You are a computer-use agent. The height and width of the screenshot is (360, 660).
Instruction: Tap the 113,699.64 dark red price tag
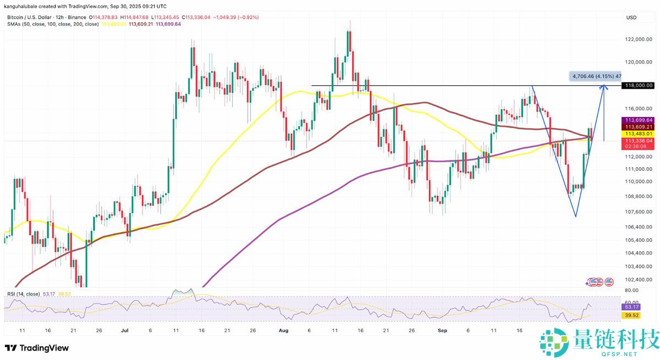click(x=637, y=119)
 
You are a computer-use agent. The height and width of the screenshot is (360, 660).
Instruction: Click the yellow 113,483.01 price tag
click(x=637, y=134)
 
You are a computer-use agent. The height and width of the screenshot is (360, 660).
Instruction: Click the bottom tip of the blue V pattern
click(x=575, y=216)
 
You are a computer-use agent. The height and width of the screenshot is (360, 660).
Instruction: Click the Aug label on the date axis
click(x=284, y=331)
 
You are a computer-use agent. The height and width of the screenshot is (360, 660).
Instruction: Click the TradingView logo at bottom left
click(x=37, y=348)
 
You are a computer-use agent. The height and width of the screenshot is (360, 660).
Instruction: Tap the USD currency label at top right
click(x=631, y=18)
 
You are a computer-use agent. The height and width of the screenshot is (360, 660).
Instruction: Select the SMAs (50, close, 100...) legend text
click(x=53, y=24)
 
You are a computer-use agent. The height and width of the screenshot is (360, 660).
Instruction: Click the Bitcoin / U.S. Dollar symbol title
click(x=33, y=18)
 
